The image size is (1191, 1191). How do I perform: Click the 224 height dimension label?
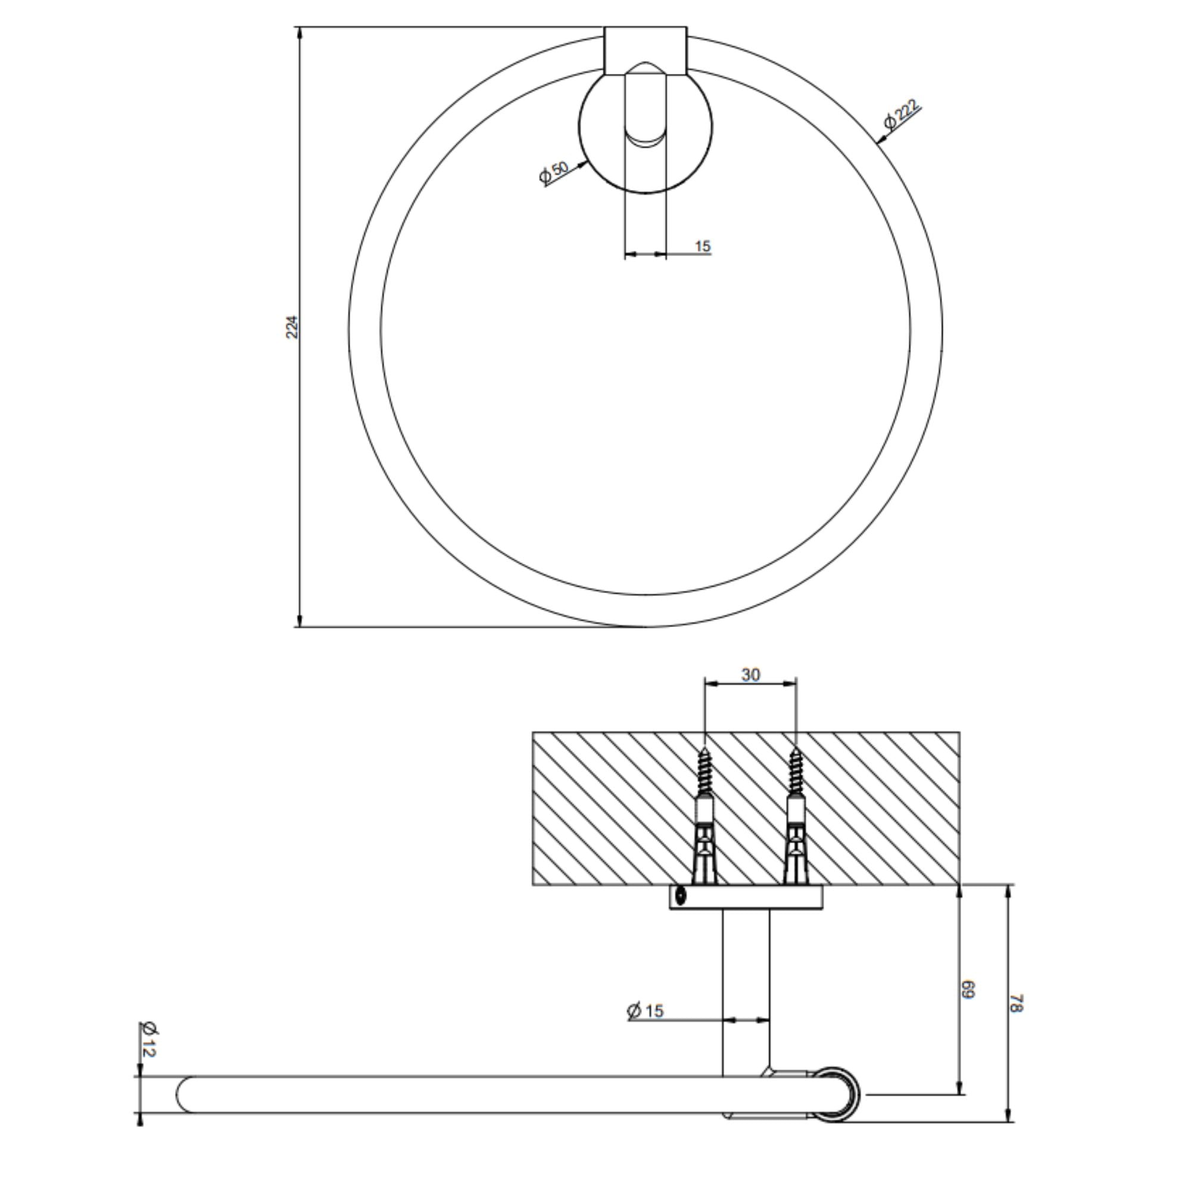coord(293,328)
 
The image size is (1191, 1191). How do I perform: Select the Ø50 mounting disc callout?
coord(553,173)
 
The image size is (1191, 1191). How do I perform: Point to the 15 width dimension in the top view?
coord(703,247)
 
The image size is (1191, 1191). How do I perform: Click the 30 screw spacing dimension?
coord(750,676)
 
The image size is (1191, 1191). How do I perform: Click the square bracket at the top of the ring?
coord(645,51)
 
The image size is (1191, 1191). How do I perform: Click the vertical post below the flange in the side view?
coord(746,986)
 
